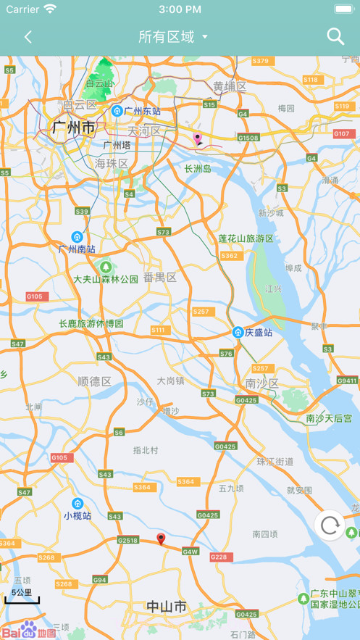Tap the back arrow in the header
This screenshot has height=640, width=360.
click(28, 37)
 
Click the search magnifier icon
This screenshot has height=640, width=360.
click(335, 36)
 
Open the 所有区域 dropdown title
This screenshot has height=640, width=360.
click(173, 37)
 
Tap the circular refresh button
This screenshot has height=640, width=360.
click(330, 525)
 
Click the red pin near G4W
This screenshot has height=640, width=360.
click(162, 539)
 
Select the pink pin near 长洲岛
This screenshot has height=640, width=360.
click(197, 138)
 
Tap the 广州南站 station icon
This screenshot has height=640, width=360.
click(77, 237)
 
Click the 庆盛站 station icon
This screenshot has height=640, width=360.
click(238, 332)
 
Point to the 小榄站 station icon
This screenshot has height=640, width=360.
click(78, 504)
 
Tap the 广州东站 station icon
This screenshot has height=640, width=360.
click(117, 111)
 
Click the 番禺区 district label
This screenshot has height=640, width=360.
click(159, 277)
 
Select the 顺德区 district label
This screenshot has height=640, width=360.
click(94, 381)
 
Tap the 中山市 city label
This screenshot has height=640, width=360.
click(167, 607)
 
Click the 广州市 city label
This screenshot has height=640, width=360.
click(73, 128)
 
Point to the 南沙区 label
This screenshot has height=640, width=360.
click(261, 383)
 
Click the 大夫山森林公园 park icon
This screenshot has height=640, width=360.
click(106, 267)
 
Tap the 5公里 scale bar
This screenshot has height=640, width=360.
click(22, 597)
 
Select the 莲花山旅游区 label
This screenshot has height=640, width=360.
click(246, 238)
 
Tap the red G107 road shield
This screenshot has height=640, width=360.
click(342, 133)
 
